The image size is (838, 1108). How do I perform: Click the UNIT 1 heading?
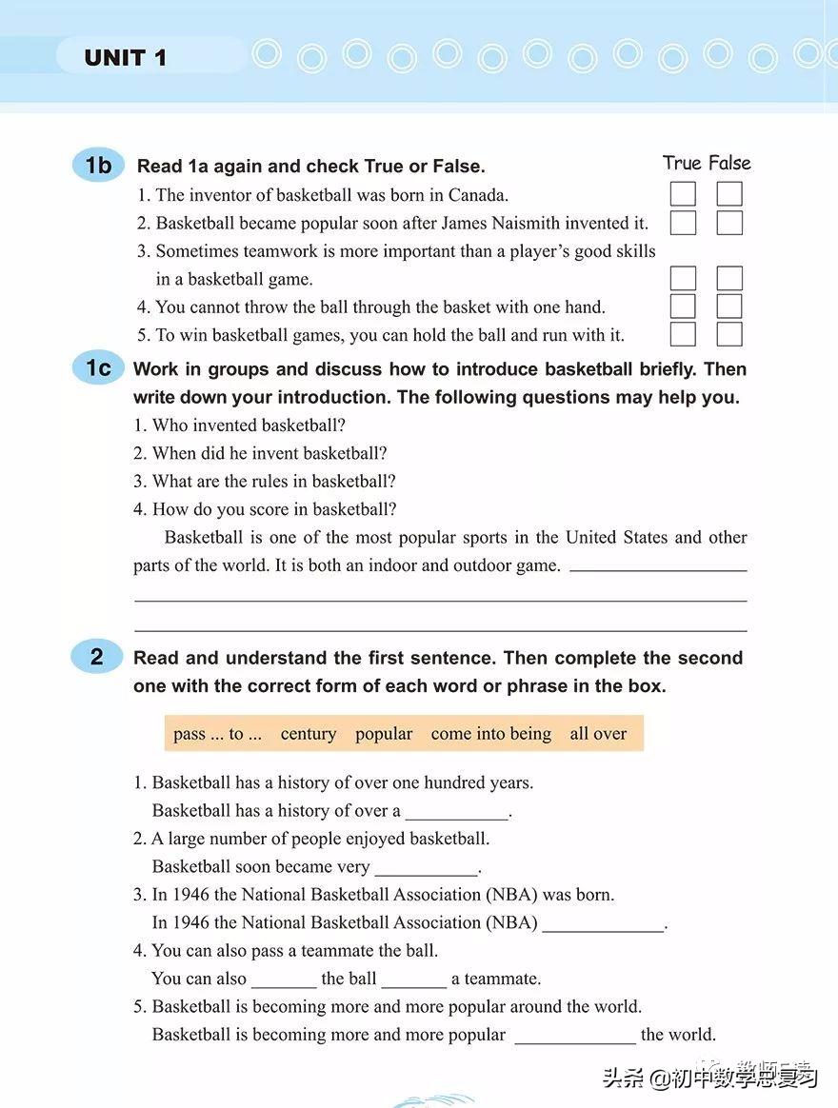pos(126,58)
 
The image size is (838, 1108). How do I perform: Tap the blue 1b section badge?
pos(98,166)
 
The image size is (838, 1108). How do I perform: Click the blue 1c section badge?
pos(98,368)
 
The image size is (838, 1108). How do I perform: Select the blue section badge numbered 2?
pos(97,657)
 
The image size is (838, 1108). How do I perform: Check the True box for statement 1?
pos(683,194)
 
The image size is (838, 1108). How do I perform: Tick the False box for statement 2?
pos(729,223)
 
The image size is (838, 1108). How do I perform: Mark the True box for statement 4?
pos(683,307)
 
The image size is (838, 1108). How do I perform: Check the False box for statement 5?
pos(729,334)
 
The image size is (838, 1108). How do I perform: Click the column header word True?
pos(682,164)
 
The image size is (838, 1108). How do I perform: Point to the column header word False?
pos(729,164)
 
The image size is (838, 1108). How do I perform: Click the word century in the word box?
pos(309,734)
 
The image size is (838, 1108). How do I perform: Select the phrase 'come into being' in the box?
pos(490,734)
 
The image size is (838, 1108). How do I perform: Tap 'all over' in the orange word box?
pos(598,734)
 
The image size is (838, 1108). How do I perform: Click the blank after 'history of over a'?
pos(457,813)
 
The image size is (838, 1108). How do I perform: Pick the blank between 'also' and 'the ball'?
pos(284,980)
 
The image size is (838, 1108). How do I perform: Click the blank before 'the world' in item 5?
pos(574,1036)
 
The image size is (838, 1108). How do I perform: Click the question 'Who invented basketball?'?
pos(249,425)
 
